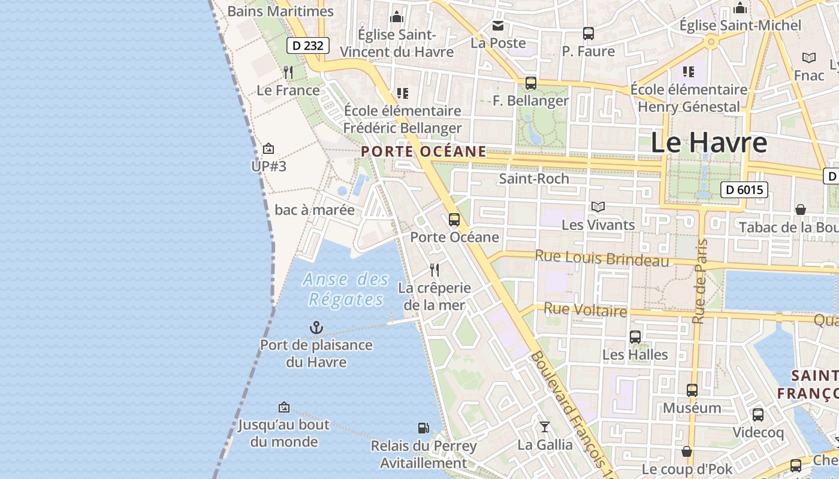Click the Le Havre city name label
[x=708, y=143]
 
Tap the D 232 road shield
[x=308, y=46]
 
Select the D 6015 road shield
[x=744, y=190]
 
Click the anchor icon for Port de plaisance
[x=316, y=328]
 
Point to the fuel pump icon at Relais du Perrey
[x=423, y=428]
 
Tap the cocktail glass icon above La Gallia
[x=544, y=427]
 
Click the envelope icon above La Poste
[x=498, y=26]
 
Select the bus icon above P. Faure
[x=588, y=34]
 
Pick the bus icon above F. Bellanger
[x=530, y=83]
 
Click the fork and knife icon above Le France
[x=288, y=72]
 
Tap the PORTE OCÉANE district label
[x=424, y=151]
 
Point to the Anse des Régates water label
[x=346, y=289]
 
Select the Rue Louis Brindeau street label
[x=602, y=258]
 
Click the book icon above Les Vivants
[x=597, y=207]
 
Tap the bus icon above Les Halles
[x=635, y=337]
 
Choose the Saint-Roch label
[x=534, y=178]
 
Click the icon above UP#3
[x=268, y=148]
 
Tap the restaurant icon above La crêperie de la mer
[x=434, y=270]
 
